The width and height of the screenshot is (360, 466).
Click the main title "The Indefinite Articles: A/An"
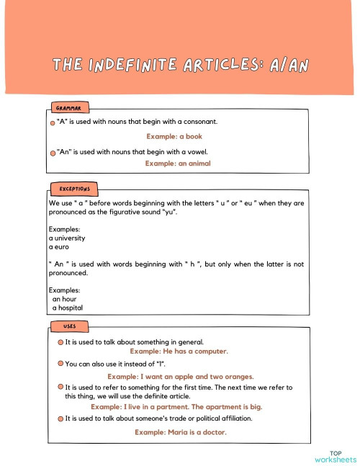click(x=180, y=66)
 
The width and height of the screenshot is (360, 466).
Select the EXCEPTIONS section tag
click(x=73, y=189)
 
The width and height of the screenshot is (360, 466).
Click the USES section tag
click(x=69, y=326)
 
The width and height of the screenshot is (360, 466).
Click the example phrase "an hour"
click(x=64, y=299)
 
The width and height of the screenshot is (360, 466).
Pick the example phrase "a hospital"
click(x=69, y=308)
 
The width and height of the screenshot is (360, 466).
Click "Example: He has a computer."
click(x=179, y=351)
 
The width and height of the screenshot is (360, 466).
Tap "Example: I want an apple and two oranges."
click(x=180, y=377)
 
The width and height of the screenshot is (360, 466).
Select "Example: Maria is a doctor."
click(x=180, y=432)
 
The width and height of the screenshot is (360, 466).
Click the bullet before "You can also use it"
click(x=60, y=364)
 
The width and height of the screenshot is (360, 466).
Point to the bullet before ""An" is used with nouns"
click(x=53, y=153)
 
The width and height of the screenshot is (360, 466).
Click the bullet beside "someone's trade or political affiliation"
click(x=60, y=418)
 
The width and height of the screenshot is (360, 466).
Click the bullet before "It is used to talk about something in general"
click(x=60, y=343)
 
